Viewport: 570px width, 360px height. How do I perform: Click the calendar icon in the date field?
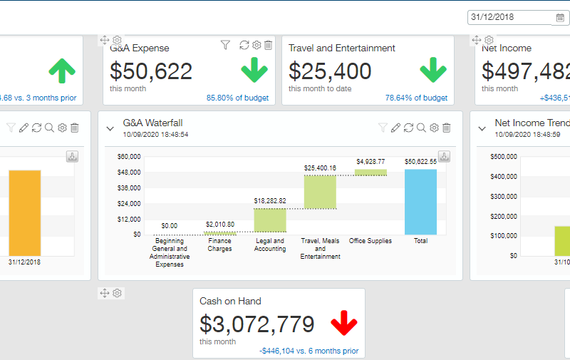point(560,17)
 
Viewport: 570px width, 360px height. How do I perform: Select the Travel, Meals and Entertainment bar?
point(320,192)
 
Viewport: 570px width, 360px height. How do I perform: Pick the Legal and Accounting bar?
point(270,220)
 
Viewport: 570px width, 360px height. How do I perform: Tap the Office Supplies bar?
point(370,172)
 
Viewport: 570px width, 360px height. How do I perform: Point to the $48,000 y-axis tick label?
point(128,172)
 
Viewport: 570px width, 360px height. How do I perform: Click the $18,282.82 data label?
point(270,201)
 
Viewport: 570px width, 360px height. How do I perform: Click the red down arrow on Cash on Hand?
point(343,323)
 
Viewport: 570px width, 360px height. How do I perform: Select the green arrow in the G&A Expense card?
point(254,70)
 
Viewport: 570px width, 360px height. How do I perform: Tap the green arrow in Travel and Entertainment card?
point(432,70)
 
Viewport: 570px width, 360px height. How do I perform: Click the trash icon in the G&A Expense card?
point(268,46)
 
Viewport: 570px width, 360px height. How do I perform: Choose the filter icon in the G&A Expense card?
point(225,46)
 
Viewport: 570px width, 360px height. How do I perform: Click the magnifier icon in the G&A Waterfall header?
point(421,128)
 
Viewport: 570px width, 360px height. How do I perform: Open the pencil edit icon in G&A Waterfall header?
point(395,128)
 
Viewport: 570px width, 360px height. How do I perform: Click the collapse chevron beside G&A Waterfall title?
point(110,128)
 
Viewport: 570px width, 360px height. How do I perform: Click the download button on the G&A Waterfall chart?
point(444,156)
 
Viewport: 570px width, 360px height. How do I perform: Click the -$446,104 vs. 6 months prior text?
point(309,351)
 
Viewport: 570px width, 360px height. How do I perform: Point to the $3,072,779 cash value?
point(256,324)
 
